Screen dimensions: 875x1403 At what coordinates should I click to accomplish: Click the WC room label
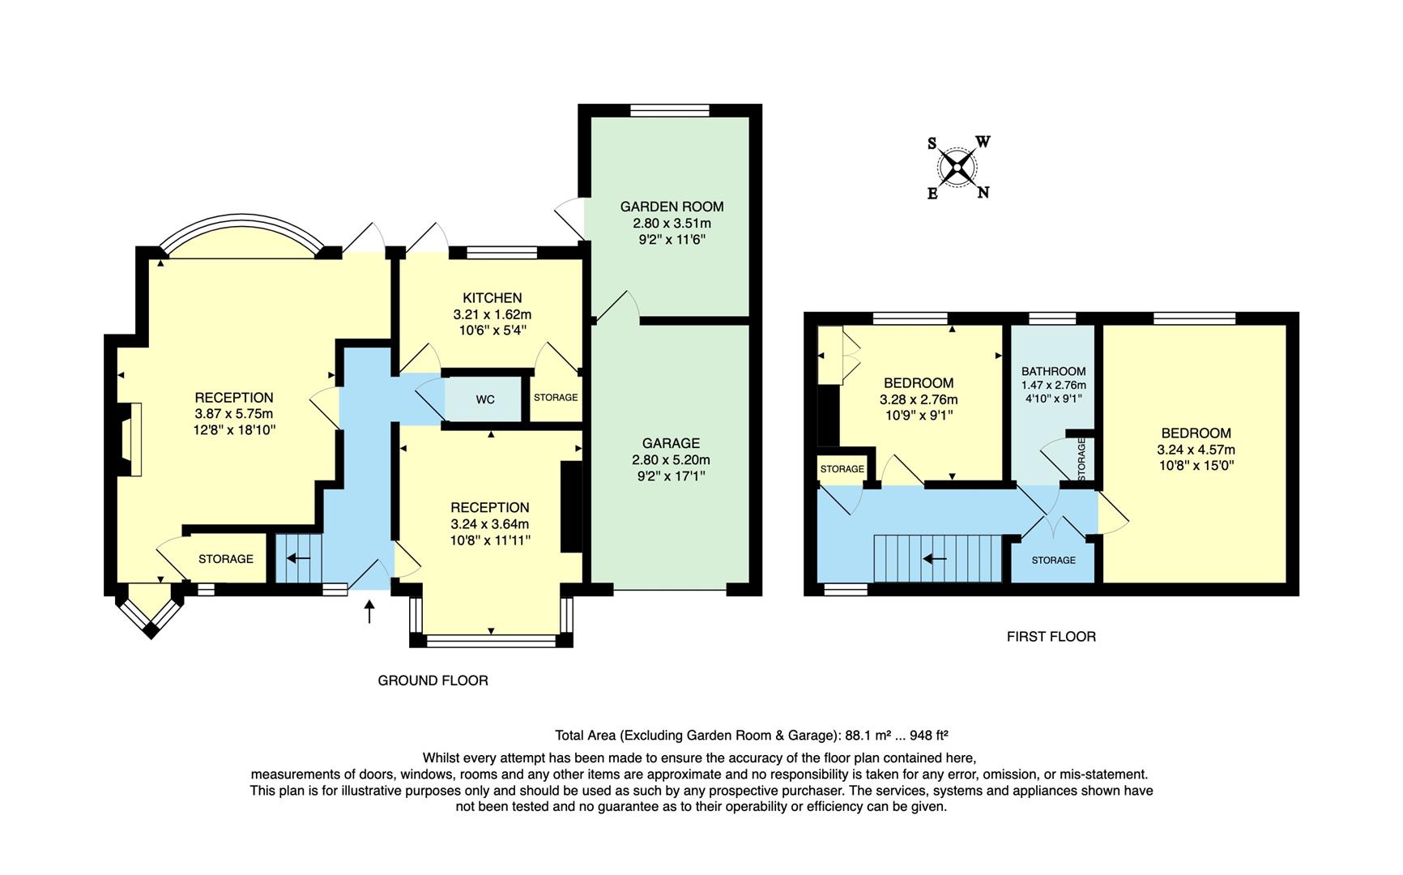484,399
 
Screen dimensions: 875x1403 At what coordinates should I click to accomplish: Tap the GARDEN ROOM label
672,207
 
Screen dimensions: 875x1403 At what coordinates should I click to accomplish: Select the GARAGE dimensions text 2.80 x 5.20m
671,459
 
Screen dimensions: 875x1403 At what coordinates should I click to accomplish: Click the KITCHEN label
492,297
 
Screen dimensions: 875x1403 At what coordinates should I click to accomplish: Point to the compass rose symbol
957,168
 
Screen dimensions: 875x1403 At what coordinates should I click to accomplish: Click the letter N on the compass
983,193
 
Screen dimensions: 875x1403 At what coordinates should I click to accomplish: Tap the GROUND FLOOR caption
433,681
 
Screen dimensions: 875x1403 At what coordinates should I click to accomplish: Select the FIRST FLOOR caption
1051,637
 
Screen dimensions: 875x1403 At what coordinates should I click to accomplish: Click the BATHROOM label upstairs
1053,371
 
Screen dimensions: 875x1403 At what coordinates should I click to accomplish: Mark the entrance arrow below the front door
370,612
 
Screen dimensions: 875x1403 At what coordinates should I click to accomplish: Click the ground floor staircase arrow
299,558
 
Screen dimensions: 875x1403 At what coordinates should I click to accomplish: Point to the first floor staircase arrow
935,558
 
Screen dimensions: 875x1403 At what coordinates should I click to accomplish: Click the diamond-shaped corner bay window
151,612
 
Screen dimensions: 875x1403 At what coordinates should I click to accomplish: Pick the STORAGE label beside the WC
556,397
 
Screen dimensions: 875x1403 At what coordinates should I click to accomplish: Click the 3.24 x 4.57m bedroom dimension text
1196,450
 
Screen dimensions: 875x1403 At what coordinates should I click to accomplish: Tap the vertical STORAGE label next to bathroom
1082,459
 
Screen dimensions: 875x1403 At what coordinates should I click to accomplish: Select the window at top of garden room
670,111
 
